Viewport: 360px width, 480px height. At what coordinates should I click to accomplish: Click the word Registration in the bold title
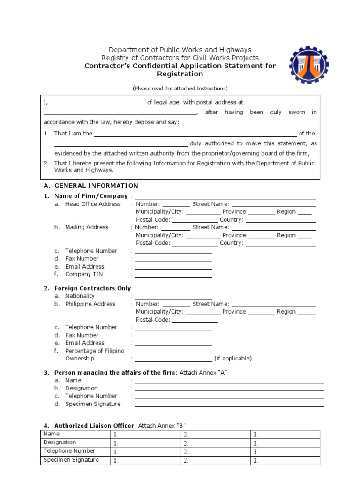tap(180, 74)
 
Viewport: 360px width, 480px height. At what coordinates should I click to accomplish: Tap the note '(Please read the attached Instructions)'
tap(180, 88)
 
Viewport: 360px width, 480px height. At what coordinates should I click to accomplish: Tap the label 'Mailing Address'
tap(87, 227)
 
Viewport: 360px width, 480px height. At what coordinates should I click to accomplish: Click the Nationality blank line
tap(173, 297)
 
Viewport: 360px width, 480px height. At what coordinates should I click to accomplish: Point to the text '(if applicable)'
tap(233, 359)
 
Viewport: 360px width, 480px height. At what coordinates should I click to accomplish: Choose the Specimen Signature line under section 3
tap(229, 405)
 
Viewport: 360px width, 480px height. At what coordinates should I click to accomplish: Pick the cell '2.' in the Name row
tap(215, 435)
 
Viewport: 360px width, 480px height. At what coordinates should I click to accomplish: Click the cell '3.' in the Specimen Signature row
tap(285, 461)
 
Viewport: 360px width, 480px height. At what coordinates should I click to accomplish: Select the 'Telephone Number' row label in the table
tap(69, 451)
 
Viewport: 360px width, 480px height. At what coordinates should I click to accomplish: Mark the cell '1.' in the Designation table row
tap(145, 443)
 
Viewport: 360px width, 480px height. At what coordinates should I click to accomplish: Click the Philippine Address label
tap(90, 304)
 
